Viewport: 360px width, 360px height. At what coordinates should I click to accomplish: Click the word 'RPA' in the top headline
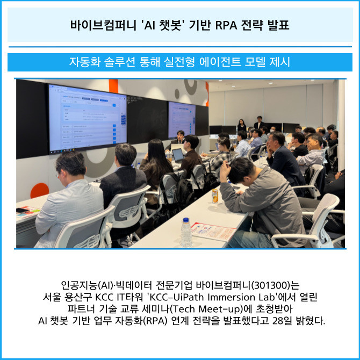(226, 25)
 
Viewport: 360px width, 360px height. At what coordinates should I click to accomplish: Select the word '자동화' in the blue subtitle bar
(85, 62)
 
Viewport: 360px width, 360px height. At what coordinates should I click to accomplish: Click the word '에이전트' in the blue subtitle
(220, 62)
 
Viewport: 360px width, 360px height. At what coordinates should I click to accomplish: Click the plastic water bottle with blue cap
(186, 232)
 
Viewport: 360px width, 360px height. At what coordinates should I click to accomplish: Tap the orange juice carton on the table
(215, 196)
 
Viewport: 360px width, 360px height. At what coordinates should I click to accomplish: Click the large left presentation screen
(88, 118)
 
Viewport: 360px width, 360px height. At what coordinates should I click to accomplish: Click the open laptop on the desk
(178, 155)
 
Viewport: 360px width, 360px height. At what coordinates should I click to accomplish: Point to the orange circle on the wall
(39, 190)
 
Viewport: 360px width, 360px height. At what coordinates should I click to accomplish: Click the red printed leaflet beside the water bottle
(212, 231)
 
